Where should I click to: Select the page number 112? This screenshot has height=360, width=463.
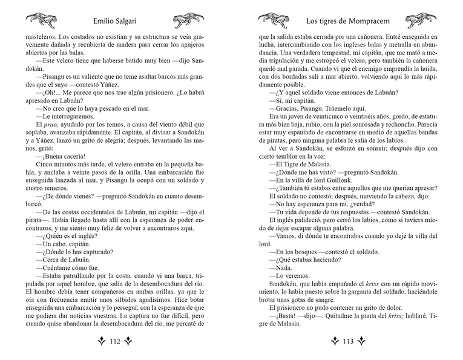(115, 340)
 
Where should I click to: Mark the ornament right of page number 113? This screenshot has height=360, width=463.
(367, 340)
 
